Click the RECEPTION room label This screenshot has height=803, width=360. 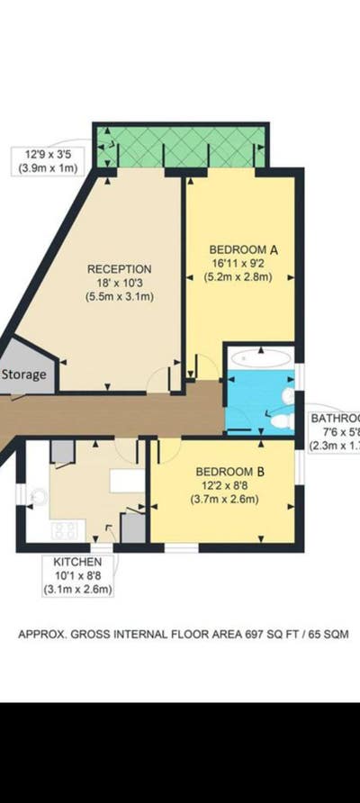119,268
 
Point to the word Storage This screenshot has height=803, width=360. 23,374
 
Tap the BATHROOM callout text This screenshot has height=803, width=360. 335,419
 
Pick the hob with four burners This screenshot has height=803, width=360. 65,531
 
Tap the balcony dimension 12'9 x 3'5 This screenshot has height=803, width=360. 45,153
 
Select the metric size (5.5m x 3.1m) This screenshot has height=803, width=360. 119,295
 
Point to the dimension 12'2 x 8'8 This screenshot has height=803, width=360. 228,486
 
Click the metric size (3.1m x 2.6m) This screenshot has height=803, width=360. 76,591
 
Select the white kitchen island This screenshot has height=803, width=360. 127,480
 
